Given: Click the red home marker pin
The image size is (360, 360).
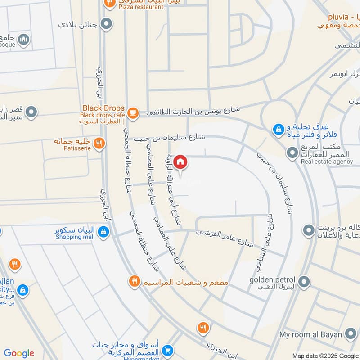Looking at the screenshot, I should (180, 161).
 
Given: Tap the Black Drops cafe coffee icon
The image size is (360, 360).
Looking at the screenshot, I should (133, 112).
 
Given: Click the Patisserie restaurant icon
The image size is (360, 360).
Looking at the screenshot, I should (99, 144).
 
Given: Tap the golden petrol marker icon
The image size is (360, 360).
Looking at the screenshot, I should (305, 282).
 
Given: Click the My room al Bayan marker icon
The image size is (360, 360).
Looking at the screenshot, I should (350, 334).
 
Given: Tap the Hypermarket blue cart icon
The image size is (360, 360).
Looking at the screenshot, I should (168, 350).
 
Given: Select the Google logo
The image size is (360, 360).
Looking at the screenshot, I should (19, 353).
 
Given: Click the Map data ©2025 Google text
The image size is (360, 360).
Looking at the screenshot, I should (325, 355).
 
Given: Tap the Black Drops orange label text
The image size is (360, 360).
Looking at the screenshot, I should (103, 108).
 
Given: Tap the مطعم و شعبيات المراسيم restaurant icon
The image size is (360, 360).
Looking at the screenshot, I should (134, 282).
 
